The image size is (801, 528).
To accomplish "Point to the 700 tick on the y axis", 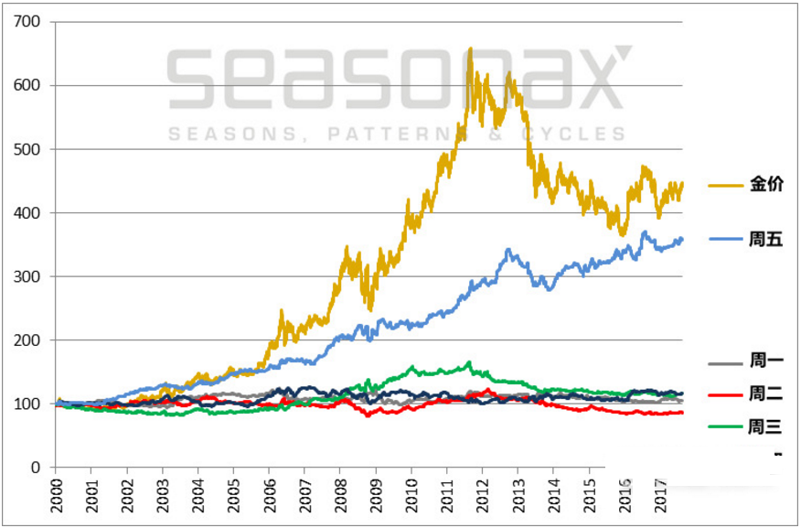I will (x=29, y=22).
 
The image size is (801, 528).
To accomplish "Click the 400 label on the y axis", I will (x=29, y=213).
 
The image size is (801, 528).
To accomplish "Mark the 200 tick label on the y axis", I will (x=29, y=340).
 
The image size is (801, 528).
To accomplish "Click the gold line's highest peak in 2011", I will (x=470, y=48).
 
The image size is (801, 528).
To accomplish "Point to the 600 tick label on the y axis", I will (x=29, y=86).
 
